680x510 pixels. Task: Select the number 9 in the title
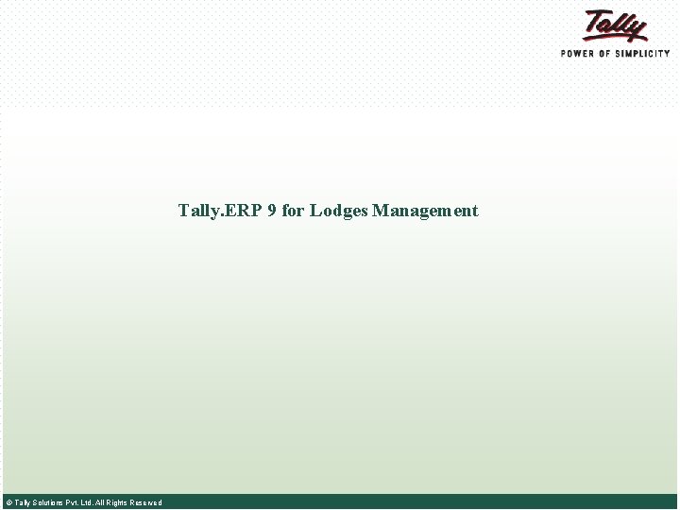click(x=272, y=211)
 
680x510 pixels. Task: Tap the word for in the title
click(x=293, y=211)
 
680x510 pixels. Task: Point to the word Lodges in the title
click(x=339, y=211)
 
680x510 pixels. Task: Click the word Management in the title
click(x=425, y=211)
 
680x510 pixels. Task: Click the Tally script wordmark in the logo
click(x=614, y=25)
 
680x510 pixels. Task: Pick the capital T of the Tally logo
click(x=595, y=21)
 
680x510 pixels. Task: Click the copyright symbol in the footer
click(x=8, y=502)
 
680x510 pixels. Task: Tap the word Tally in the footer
click(x=22, y=502)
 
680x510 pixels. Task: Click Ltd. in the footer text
click(x=87, y=502)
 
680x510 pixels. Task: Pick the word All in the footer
click(x=100, y=502)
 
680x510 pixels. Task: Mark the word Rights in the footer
click(x=117, y=502)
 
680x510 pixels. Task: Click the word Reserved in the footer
click(x=145, y=502)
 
